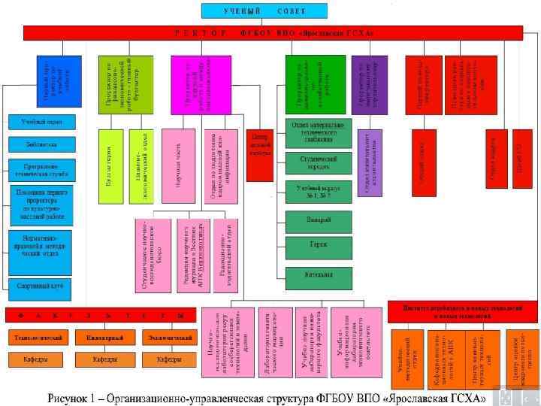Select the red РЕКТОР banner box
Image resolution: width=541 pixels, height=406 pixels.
coord(273,32)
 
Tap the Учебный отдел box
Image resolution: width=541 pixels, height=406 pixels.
coord(42,121)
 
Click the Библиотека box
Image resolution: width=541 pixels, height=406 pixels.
coord(42,144)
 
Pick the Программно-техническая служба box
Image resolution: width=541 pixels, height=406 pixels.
coord(42,169)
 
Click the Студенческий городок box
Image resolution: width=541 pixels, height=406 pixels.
coord(318,163)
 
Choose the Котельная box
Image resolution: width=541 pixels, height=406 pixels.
coord(318,274)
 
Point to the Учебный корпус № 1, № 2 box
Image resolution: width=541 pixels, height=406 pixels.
coord(318,191)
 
